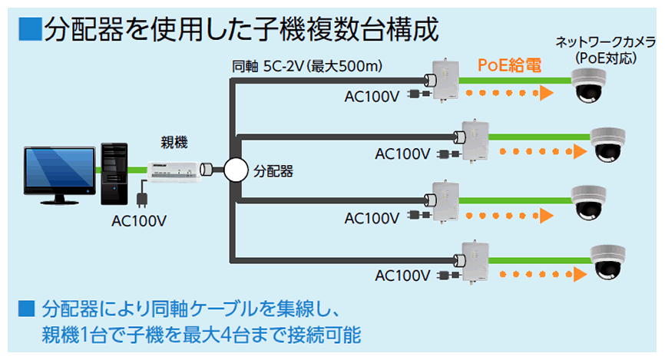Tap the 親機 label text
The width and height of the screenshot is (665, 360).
[x=172, y=142]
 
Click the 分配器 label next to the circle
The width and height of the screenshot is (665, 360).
[x=273, y=170]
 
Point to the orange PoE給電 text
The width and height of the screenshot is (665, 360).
[x=509, y=65]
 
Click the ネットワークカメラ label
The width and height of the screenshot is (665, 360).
[x=596, y=41]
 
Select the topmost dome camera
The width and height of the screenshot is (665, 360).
[x=591, y=84]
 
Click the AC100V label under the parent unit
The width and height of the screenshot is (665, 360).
[x=139, y=221]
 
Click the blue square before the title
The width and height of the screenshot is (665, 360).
[x=29, y=30]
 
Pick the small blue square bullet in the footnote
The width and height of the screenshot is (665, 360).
[x=27, y=309]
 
